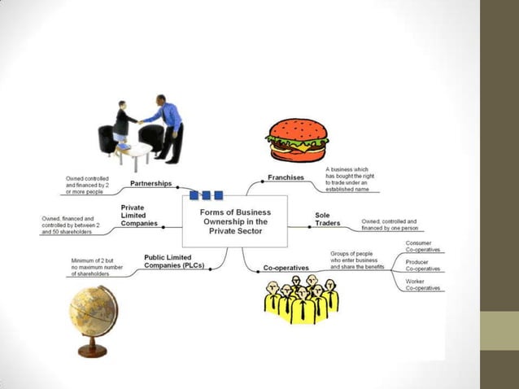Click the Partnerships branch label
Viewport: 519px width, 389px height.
tap(151, 184)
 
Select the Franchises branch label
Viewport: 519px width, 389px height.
tap(286, 177)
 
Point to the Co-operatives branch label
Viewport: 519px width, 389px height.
tap(286, 268)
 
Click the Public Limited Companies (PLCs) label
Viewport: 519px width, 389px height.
tap(175, 261)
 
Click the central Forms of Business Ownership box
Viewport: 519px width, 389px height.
tap(235, 221)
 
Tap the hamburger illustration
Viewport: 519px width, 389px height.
tap(297, 141)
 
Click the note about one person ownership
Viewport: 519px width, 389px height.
tap(390, 225)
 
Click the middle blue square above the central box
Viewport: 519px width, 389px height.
tap(206, 195)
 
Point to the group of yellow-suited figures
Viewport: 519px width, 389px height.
tap(300, 299)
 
